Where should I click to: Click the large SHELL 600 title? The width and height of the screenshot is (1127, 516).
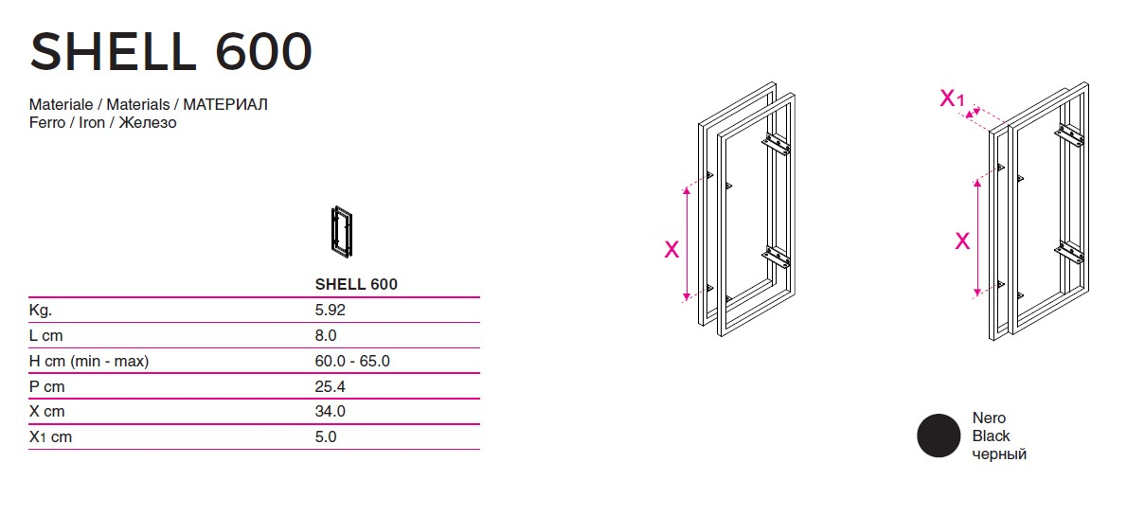pyautogui.click(x=171, y=52)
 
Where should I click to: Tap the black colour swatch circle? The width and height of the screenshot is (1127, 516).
pyautogui.click(x=939, y=436)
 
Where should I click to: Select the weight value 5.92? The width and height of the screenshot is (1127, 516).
pyautogui.click(x=331, y=310)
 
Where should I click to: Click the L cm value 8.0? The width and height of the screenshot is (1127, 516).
pyautogui.click(x=326, y=335)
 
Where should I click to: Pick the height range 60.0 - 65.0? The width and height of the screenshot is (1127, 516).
pyautogui.click(x=352, y=361)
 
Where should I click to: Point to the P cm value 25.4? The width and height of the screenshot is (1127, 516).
pyautogui.click(x=331, y=386)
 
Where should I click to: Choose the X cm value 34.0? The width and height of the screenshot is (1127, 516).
pyautogui.click(x=331, y=412)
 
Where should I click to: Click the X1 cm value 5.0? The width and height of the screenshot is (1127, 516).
pyautogui.click(x=326, y=437)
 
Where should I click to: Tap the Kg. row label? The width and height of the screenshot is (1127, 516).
pyautogui.click(x=41, y=311)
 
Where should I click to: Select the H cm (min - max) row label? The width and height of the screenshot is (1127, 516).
pyautogui.click(x=89, y=362)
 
